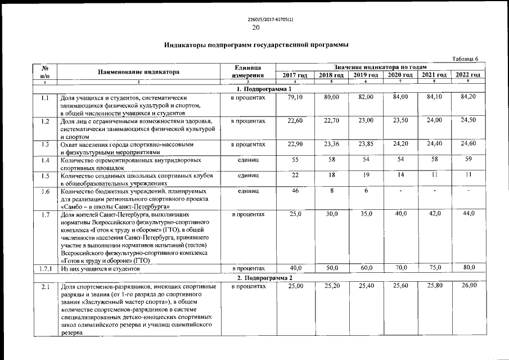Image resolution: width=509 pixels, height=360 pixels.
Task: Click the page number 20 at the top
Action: [x=256, y=28]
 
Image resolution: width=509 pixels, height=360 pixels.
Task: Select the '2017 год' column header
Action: [x=294, y=75]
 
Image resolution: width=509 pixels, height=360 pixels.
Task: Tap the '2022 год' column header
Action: [x=467, y=75]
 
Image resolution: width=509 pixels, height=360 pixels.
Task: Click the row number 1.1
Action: [x=45, y=98]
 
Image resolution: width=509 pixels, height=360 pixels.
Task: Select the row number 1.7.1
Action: [x=45, y=268]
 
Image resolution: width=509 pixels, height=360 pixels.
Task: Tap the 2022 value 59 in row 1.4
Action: [x=468, y=160]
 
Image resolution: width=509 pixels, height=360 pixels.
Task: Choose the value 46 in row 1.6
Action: [x=295, y=192]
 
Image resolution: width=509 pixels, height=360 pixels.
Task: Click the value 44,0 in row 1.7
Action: [x=468, y=214]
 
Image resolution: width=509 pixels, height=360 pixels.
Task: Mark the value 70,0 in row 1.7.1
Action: [x=400, y=268]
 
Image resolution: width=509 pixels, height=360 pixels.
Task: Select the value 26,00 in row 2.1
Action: [x=468, y=287]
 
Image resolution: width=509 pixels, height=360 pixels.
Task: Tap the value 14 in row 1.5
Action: [x=400, y=175]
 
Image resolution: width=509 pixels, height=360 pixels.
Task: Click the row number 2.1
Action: [x=45, y=288]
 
